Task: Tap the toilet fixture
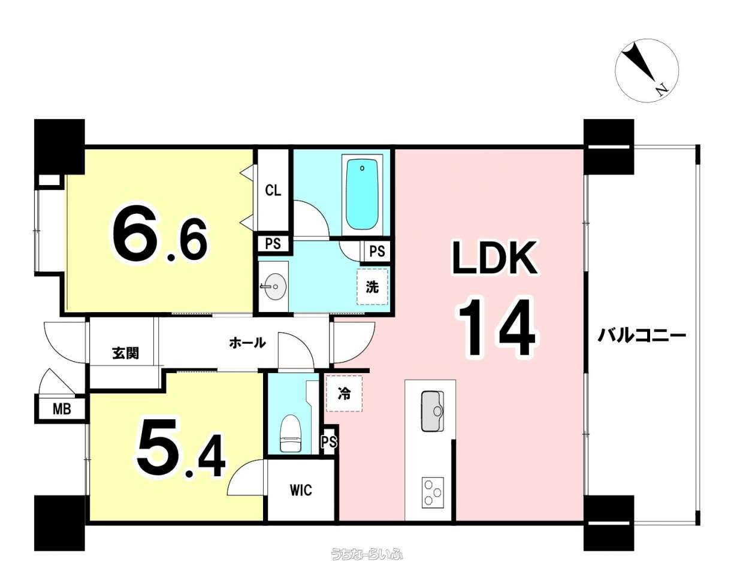coord(291,433)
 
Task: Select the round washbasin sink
coord(274,286)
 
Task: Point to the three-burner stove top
coord(433,492)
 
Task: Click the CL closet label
coord(273,190)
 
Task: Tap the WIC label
coord(301,491)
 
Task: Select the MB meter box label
coord(62,409)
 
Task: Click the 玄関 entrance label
coord(125,353)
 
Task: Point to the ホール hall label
coord(247,343)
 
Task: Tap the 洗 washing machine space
coord(372,287)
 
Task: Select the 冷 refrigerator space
coord(345,394)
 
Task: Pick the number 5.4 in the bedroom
coord(181,448)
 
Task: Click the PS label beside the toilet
coord(330,441)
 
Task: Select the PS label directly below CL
coord(273,243)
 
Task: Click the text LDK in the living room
coord(494,258)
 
